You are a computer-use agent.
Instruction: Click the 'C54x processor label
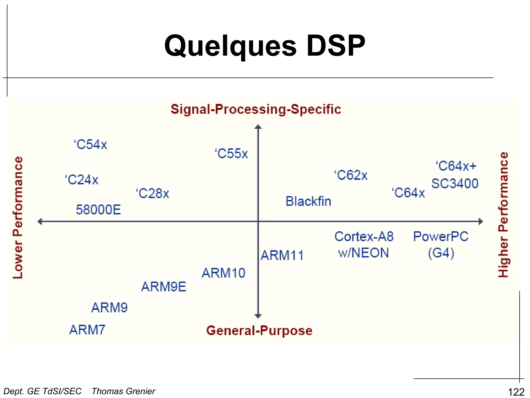pos(91,144)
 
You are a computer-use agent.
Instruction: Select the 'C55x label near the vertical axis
pos(231,153)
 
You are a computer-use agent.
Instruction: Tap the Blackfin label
pos(308,201)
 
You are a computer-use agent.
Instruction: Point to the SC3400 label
pos(455,183)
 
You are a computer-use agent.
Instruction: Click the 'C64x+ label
pos(456,166)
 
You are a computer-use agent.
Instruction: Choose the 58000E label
pos(98,209)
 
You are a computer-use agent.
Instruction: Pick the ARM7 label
pos(87,330)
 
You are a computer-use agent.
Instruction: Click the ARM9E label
pos(164,287)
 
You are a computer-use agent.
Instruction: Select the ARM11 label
pos(282,255)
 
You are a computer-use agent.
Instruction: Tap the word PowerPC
pos(441,236)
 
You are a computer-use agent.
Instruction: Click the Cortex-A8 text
pos(364,236)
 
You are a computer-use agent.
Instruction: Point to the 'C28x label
pos(153,193)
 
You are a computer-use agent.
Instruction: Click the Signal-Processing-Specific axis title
pos(256,109)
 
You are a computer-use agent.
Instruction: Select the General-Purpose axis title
pos(259,330)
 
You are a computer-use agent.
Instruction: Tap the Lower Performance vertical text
pos(18,218)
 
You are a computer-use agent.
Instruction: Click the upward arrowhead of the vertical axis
pos(258,127)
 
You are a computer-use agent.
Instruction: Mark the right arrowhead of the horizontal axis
pos(481,221)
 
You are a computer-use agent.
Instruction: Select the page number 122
pos(516,392)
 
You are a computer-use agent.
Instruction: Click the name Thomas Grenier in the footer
pos(123,391)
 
